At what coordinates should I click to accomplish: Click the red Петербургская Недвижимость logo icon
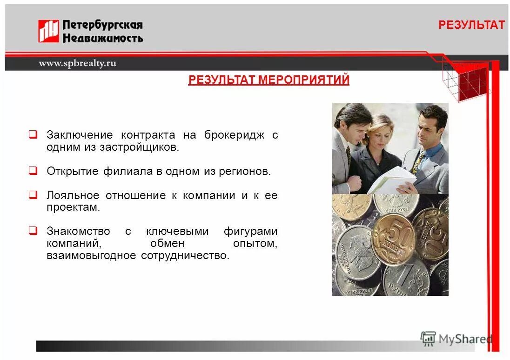click(48, 31)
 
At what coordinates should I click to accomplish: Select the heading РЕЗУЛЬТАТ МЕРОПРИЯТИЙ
click(268, 80)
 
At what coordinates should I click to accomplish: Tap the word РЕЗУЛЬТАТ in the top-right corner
click(471, 26)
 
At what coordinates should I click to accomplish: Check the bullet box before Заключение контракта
click(33, 135)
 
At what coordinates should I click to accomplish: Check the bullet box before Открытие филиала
click(33, 171)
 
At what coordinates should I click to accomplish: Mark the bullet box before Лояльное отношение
click(33, 195)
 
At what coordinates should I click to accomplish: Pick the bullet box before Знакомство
click(33, 231)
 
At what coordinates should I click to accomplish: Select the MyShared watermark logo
click(456, 339)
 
